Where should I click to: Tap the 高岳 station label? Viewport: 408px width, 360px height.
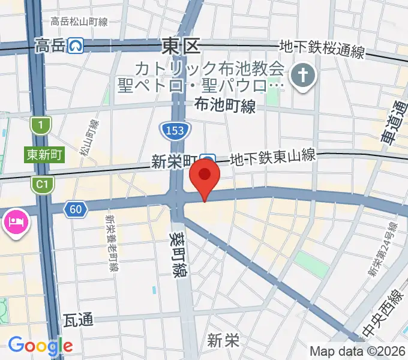pyautogui.click(x=50, y=45)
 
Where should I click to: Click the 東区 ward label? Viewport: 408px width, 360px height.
pyautogui.click(x=181, y=46)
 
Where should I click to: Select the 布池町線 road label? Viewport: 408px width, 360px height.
pyautogui.click(x=225, y=106)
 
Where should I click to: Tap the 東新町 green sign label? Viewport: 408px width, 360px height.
pyautogui.click(x=44, y=155)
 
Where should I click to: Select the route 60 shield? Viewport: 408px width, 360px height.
pyautogui.click(x=75, y=209)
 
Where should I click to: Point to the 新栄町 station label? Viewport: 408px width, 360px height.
pyautogui.click(x=174, y=161)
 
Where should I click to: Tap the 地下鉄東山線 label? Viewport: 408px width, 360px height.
pyautogui.click(x=273, y=158)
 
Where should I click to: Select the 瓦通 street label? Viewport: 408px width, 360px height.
pyautogui.click(x=78, y=320)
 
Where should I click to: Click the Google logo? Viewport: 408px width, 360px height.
pyautogui.click(x=40, y=346)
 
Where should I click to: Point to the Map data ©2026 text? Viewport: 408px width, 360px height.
pyautogui.click(x=357, y=351)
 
